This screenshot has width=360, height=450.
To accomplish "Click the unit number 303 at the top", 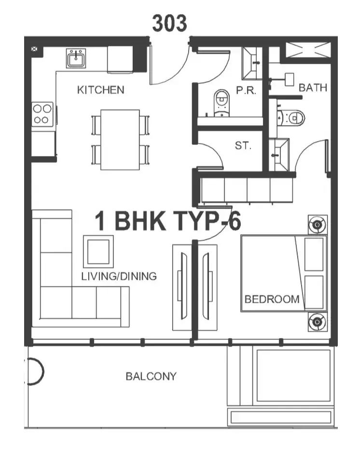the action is click(x=169, y=23).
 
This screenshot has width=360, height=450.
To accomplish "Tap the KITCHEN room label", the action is click(x=101, y=90).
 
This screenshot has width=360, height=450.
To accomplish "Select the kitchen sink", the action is click(x=76, y=58).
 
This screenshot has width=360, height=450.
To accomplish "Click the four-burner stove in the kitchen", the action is click(x=42, y=114).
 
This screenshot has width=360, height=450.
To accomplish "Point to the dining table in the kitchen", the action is click(x=120, y=140).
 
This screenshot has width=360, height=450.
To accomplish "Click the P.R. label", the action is click(x=246, y=91).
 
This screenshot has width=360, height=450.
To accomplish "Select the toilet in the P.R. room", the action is click(x=222, y=103).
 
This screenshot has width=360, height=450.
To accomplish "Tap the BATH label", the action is click(x=313, y=87).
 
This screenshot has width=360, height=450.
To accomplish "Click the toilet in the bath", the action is click(x=291, y=118).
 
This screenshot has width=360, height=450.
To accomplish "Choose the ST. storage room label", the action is click(x=243, y=145).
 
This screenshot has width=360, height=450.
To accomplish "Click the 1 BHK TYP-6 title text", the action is click(x=168, y=221).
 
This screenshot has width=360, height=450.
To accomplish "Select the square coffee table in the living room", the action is click(x=98, y=252).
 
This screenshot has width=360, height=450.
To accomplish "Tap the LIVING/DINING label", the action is click(x=119, y=276).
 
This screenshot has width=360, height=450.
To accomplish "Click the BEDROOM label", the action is click(x=272, y=299).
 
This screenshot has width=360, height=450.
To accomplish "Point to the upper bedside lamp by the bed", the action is click(x=318, y=225).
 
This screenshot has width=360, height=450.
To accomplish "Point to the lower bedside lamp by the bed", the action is click(x=318, y=322).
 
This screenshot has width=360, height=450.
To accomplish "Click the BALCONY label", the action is click(x=151, y=376).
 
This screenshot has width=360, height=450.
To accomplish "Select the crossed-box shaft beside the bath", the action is click(x=309, y=50).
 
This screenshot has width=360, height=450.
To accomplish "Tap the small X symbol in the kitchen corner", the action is click(x=34, y=49).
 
